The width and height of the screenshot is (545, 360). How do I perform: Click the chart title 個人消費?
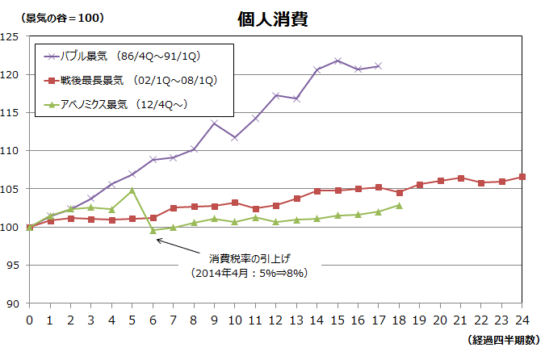272,19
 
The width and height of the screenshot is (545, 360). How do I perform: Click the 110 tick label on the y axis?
11,151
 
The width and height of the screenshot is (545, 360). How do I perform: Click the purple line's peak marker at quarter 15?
337,61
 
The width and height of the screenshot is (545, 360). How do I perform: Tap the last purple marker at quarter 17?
379,65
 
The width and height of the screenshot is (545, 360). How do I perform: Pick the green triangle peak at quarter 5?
132,190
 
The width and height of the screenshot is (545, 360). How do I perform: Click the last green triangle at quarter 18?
399,205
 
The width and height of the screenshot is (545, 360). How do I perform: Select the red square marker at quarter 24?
522,177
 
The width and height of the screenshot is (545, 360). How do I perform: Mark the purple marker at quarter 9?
214,123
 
